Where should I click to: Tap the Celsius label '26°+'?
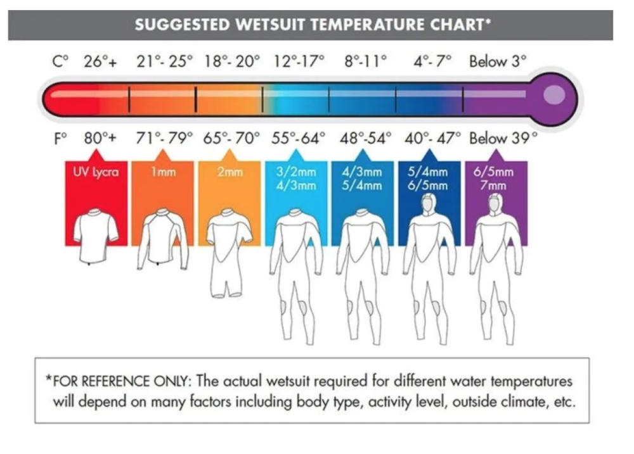pos(101,62)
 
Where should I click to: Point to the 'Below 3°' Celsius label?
pos(498,62)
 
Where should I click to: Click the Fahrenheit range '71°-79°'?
pos(164,138)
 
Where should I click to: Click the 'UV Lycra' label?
pos(96,172)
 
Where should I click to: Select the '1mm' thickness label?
pos(163,172)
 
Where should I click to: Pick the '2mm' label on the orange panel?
pos(230,172)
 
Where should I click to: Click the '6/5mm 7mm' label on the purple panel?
pos(494,179)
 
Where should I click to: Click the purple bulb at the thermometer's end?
pos(553,95)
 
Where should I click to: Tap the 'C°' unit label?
pos(60,62)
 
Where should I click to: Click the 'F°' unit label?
pos(60,138)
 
